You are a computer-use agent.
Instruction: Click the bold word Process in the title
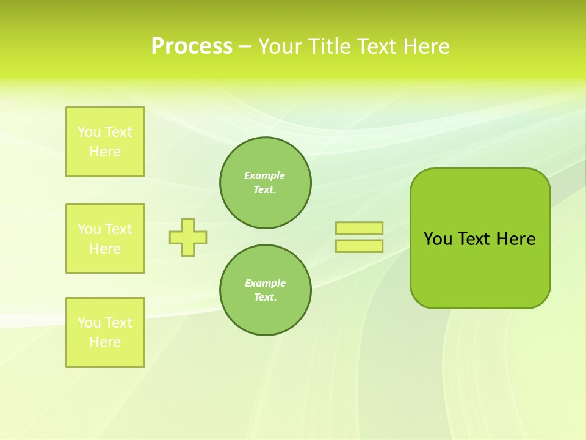(192, 46)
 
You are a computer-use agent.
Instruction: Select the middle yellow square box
(105, 238)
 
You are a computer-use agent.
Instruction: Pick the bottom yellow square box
(105, 332)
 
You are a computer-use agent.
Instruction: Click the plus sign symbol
(188, 237)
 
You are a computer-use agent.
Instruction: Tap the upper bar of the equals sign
(359, 228)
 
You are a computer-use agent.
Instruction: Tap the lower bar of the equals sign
(359, 246)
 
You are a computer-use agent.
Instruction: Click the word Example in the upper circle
(264, 175)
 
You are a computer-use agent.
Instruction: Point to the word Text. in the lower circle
(265, 298)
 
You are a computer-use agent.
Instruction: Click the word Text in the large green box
(474, 239)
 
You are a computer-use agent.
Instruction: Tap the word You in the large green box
(438, 239)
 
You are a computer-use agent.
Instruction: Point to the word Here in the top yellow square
(105, 152)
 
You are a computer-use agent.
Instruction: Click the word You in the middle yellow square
(89, 229)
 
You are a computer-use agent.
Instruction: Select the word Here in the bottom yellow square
(105, 342)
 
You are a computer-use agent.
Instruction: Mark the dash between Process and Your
(245, 47)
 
